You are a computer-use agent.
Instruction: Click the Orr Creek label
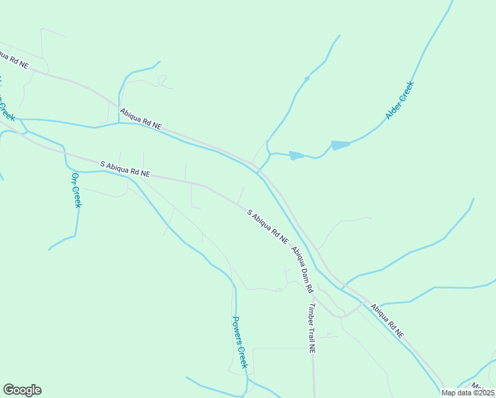click(76, 190)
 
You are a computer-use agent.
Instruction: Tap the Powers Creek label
click(239, 342)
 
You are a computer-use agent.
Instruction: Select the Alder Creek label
click(399, 100)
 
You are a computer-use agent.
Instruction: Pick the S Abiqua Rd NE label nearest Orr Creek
click(126, 168)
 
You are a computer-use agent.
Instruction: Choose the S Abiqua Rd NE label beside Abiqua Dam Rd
click(268, 226)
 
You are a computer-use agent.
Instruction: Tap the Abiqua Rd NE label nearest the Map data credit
click(387, 321)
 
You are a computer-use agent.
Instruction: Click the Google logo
click(22, 390)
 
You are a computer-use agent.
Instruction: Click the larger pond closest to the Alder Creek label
click(340, 145)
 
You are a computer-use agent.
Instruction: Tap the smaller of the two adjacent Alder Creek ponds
click(296, 156)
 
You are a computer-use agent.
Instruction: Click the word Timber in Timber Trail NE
click(309, 312)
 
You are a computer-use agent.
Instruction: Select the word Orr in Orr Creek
click(74, 179)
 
